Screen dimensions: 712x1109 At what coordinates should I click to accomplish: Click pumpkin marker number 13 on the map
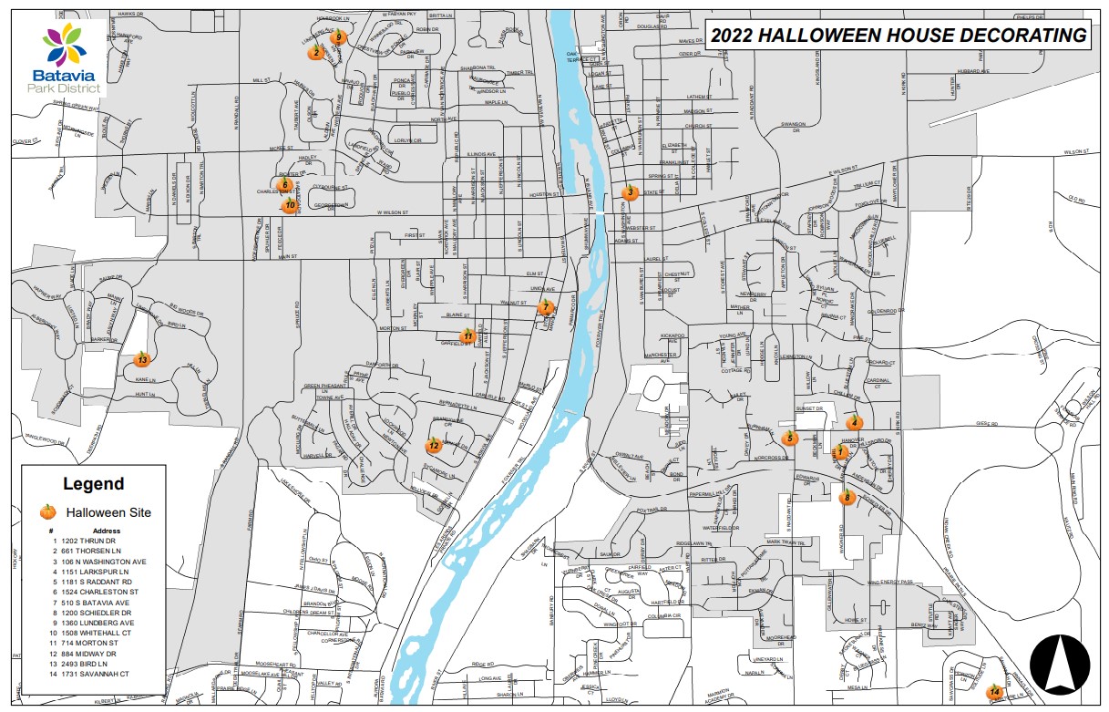141,359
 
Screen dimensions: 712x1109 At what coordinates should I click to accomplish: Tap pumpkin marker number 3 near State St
629,191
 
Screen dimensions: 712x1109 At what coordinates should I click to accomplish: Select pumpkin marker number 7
546,306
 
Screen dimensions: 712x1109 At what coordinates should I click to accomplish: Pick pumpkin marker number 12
434,446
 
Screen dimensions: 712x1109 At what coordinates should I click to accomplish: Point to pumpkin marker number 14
994,692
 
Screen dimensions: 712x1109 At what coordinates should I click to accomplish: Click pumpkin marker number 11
467,335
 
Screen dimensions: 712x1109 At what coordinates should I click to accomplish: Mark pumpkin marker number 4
854,422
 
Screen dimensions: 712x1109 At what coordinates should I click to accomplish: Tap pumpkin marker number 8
847,497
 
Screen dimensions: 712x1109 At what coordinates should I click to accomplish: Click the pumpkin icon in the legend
48,512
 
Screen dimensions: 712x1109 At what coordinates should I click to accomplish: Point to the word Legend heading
93,484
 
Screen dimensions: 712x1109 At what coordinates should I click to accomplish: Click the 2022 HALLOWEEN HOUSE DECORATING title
899,36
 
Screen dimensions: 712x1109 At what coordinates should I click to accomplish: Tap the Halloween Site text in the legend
115,513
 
